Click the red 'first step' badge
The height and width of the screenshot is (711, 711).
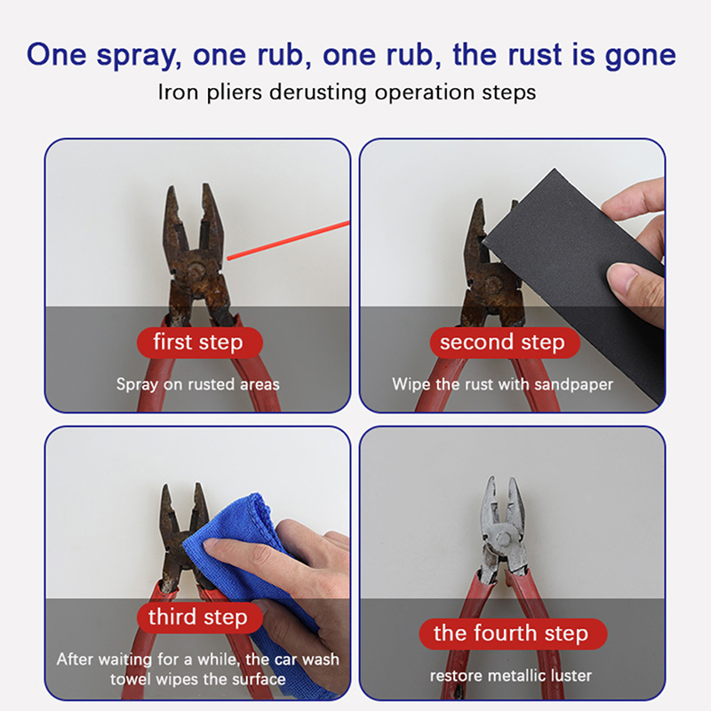(199, 342)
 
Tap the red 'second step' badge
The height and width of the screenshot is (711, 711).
(505, 342)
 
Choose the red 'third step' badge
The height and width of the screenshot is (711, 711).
(199, 617)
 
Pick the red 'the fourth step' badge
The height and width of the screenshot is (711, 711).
(513, 634)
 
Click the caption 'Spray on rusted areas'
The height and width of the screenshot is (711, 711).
(197, 385)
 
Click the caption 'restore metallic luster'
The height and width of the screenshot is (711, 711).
(511, 675)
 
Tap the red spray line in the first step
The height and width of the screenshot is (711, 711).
(288, 240)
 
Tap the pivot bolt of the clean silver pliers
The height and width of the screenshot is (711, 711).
(502, 539)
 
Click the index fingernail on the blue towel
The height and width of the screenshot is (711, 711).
(212, 545)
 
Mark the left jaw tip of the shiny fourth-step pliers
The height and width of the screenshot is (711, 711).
(491, 477)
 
